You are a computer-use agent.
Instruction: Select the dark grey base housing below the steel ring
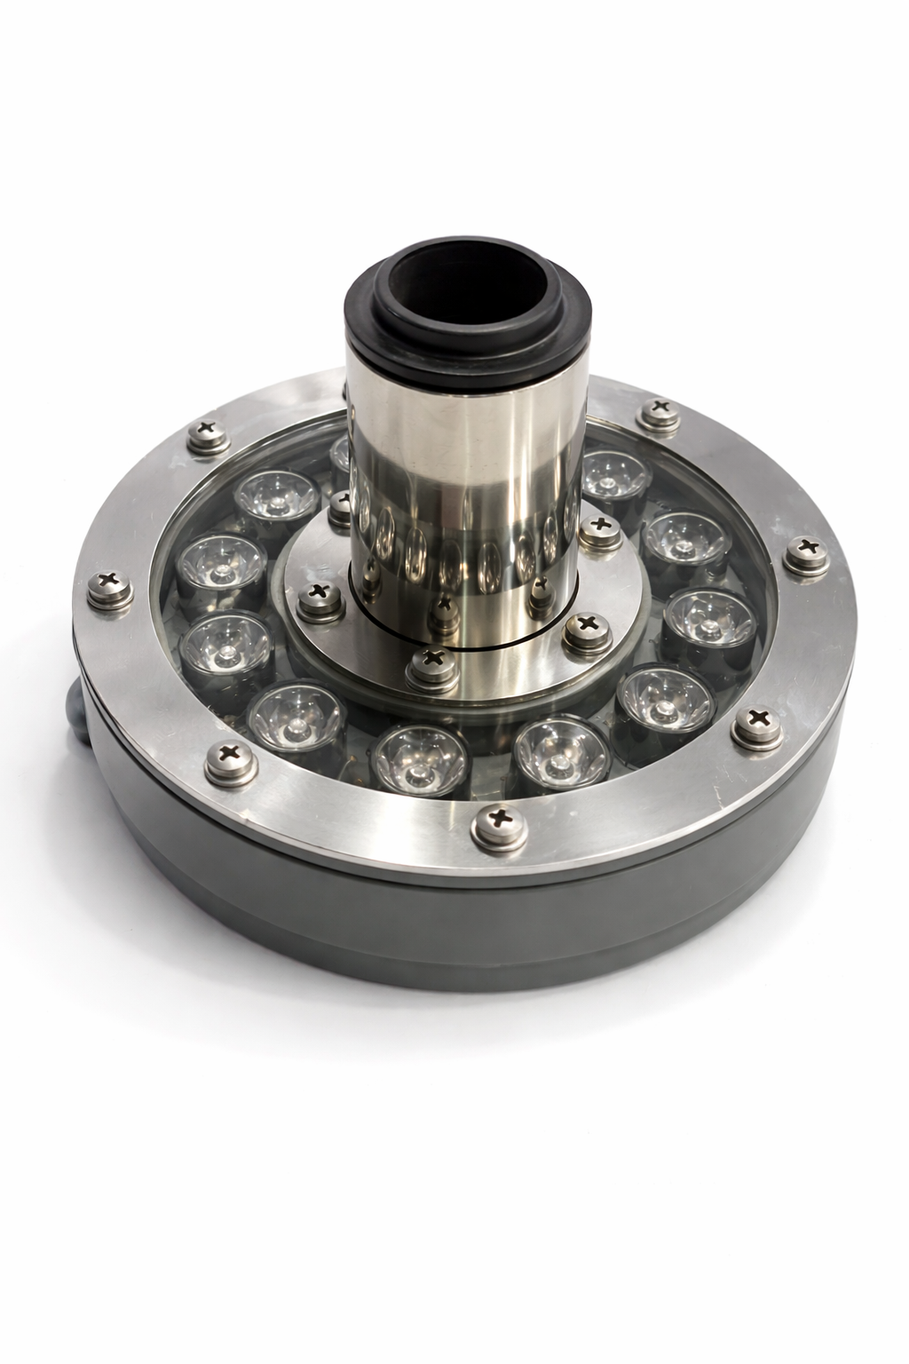462,924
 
